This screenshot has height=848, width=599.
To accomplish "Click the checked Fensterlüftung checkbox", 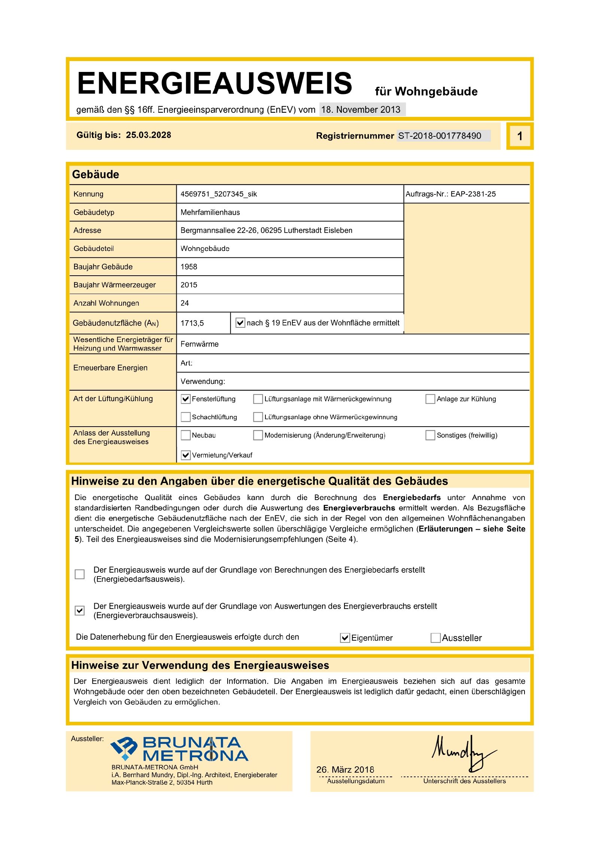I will tap(185, 399).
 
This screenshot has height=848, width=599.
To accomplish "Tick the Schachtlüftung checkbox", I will tap(185, 417).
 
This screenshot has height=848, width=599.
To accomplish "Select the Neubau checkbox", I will tap(185, 435).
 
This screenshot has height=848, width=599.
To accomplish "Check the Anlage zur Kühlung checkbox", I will tap(430, 399).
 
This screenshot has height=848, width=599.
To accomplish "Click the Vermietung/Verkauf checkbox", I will tap(185, 455).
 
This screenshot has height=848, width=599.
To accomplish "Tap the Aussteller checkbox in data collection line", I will tap(435, 637).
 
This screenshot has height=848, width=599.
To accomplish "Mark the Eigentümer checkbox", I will tap(345, 637).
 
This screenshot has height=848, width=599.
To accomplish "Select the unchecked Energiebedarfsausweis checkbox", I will tap(80, 574).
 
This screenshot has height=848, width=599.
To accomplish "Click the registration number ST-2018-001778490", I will tap(440, 136).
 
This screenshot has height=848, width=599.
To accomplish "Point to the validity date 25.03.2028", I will tap(148, 135).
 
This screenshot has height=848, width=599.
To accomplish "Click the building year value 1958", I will tap(189, 267).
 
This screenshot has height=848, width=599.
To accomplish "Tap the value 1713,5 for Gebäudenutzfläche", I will tap(192, 323).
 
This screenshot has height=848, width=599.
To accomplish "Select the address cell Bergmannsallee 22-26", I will tap(266, 230).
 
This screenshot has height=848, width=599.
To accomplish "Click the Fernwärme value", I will tap(200, 344).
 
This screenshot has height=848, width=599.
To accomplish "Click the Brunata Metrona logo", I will tap(180, 749).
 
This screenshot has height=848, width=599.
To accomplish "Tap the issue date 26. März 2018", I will tap(345, 770).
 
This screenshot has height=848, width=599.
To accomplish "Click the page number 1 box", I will tap(520, 136).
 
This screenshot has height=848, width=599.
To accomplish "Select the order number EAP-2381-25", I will tap(473, 194).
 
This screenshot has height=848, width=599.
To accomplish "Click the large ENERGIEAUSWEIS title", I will tap(215, 83).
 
